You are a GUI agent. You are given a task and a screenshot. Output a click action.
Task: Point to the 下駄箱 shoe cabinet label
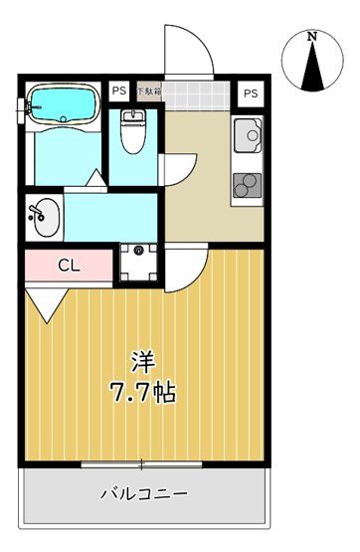pos(148,92)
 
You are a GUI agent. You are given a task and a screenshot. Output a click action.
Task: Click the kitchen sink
pos(246,134)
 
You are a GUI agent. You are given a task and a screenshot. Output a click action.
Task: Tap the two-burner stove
pos(245,184)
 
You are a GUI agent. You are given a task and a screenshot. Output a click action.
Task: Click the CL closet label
pos(68,266)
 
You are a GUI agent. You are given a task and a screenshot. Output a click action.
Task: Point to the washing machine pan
pos(139,262)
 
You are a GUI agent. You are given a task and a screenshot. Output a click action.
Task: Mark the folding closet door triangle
pos(43,302)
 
